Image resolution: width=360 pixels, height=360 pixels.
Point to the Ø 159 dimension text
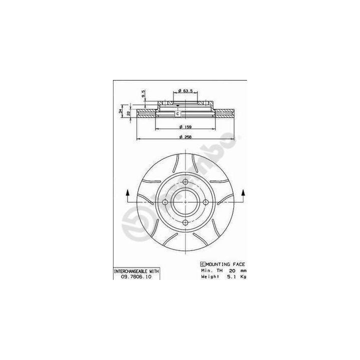(x=185, y=126)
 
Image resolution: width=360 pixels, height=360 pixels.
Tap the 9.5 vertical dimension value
(x=143, y=93)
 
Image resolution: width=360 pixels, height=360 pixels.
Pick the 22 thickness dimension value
(x=128, y=113)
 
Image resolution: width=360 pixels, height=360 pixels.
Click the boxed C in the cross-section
(x=177, y=114)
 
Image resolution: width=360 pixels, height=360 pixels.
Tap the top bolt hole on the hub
(x=185, y=181)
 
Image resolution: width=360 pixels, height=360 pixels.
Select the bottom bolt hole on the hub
(x=185, y=222)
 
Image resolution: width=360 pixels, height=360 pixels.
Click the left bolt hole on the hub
(x=164, y=202)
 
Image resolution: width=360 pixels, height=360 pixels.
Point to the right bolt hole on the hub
(x=205, y=202)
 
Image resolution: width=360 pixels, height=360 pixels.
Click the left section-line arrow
(x=127, y=193)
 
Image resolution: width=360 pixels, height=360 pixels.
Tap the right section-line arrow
(x=243, y=193)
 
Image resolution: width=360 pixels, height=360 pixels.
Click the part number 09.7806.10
(x=136, y=276)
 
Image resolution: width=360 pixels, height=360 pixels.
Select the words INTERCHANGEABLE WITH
(x=136, y=270)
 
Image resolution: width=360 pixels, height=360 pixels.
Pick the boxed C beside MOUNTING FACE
(x=202, y=263)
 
